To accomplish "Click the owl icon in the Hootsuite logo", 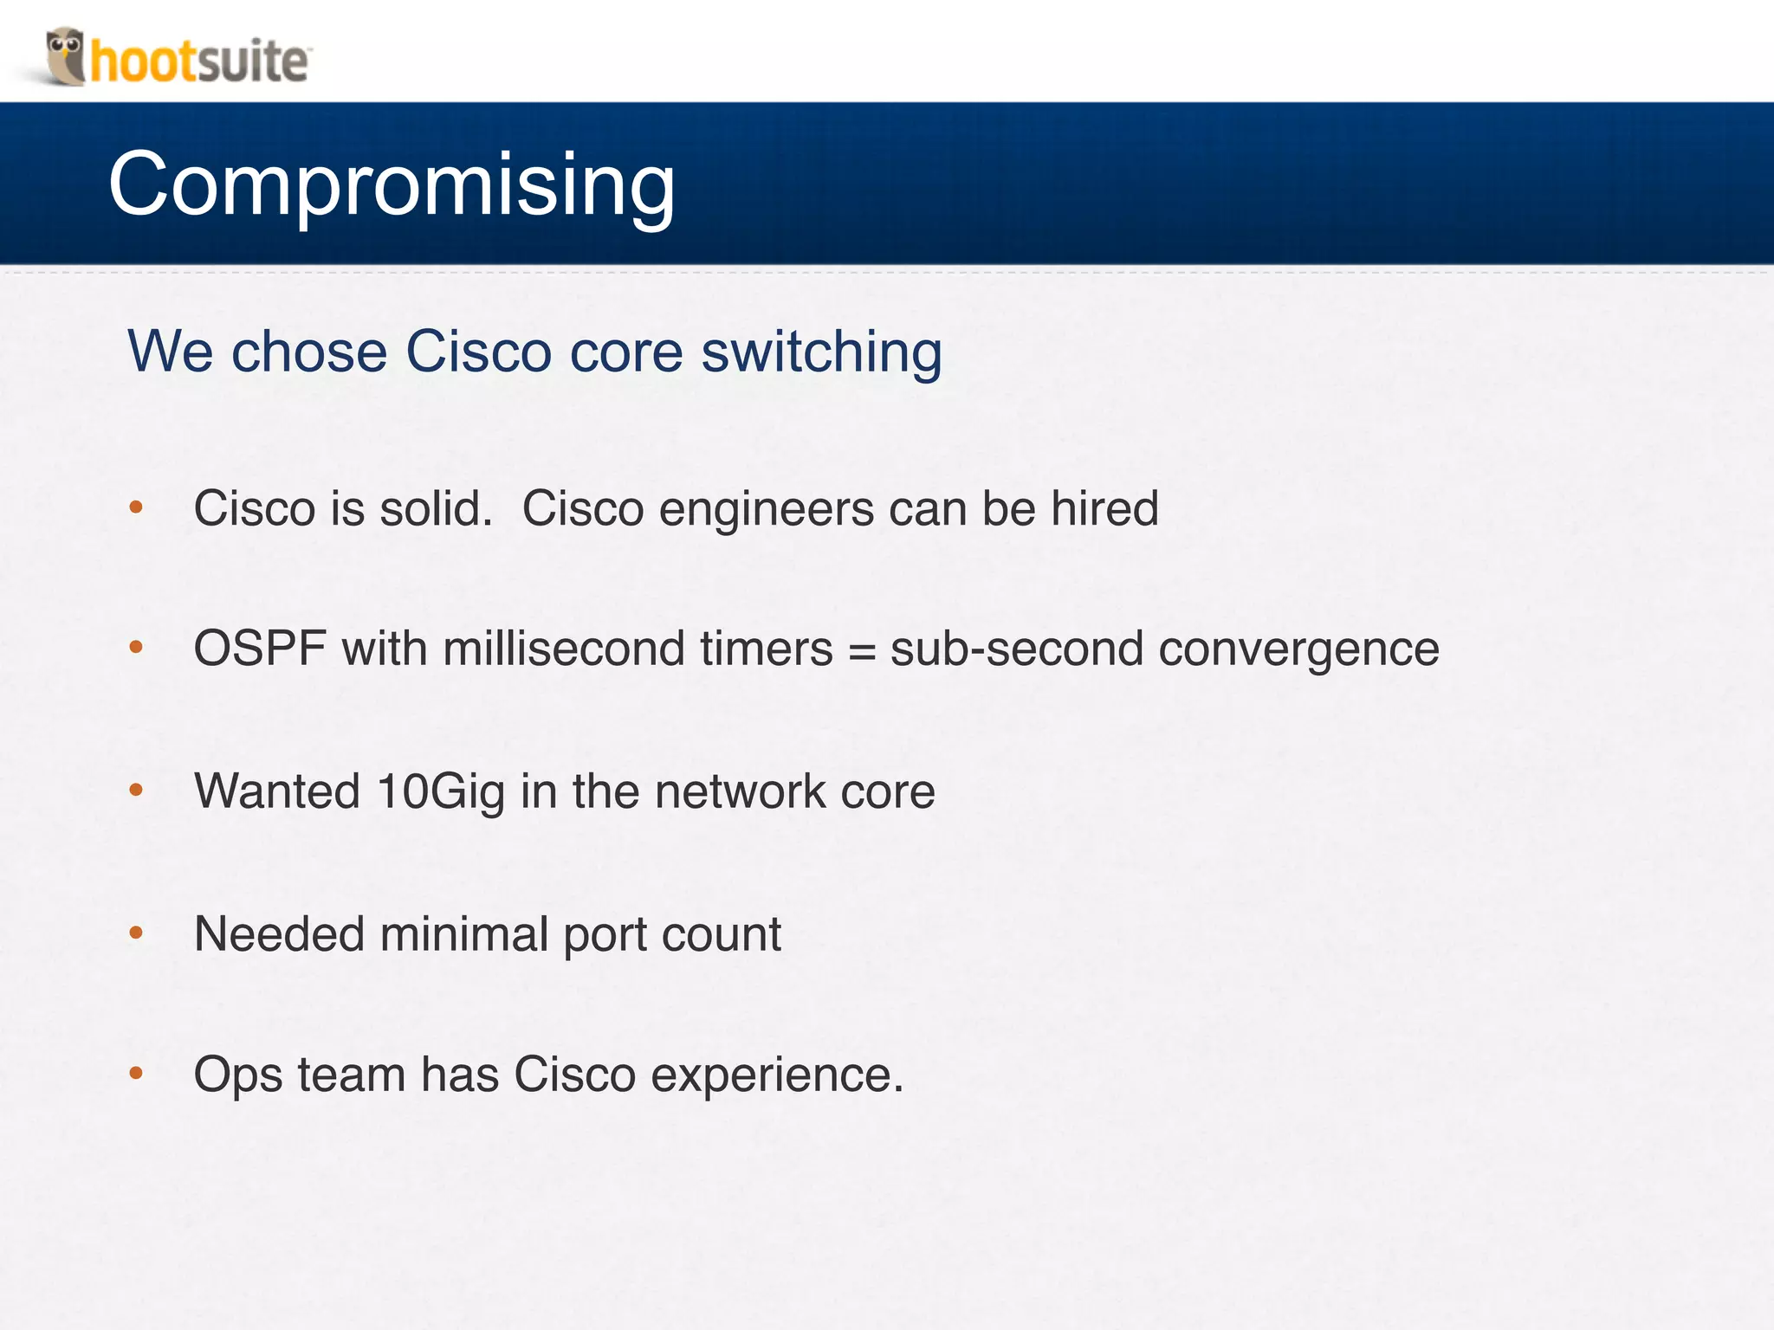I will click(x=65, y=55).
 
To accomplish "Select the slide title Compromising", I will click(x=392, y=184).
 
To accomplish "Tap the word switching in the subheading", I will click(x=820, y=352).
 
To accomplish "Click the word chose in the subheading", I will click(x=308, y=352).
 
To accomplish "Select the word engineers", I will click(x=766, y=510).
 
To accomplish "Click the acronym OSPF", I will click(x=260, y=649).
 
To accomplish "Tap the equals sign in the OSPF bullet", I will click(x=861, y=650).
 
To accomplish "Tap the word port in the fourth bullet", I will click(x=605, y=936).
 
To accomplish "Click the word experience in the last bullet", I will click(x=776, y=1076).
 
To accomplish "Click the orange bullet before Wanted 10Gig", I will click(x=136, y=789).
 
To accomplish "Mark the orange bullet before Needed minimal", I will click(x=136, y=933).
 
